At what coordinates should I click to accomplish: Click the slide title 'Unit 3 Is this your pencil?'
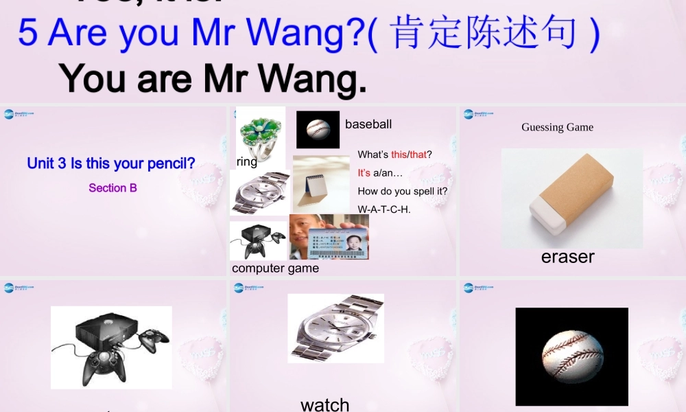(x=111, y=163)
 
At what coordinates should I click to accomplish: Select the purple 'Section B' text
(x=113, y=187)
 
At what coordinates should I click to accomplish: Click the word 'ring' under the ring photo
(x=246, y=161)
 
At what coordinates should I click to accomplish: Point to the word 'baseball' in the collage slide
(x=368, y=124)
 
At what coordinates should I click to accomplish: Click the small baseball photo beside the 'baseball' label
(x=318, y=129)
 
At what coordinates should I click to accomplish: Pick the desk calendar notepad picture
(x=321, y=183)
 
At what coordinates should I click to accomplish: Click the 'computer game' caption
(x=275, y=268)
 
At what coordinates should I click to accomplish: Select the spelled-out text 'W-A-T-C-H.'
(x=384, y=209)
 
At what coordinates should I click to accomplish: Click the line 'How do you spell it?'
(x=403, y=191)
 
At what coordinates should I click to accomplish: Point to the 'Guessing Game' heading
(x=557, y=127)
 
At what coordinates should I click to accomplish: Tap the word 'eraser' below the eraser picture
(x=567, y=256)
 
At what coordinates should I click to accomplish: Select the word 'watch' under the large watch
(x=324, y=404)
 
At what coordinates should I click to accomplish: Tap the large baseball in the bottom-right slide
(x=571, y=356)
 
